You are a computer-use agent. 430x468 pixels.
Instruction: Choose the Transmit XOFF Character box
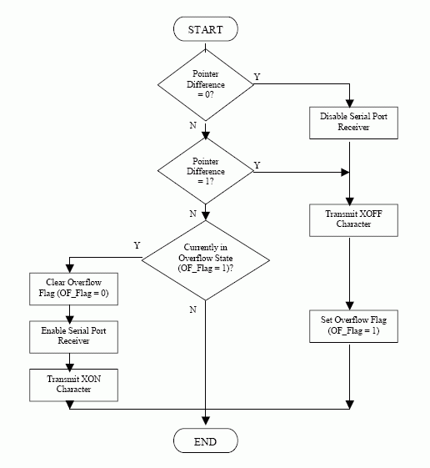pyautogui.click(x=349, y=219)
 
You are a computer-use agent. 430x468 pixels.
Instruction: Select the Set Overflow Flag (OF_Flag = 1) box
pyautogui.click(x=349, y=326)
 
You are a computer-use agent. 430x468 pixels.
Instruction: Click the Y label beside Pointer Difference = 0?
pyautogui.click(x=257, y=77)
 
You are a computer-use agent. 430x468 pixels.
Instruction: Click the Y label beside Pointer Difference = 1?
pyautogui.click(x=257, y=165)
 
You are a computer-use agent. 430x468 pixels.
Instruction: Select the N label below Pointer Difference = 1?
pyautogui.click(x=192, y=214)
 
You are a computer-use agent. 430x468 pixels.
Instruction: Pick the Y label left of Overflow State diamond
pyautogui.click(x=137, y=245)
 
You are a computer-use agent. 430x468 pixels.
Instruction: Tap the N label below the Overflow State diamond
pyautogui.click(x=192, y=309)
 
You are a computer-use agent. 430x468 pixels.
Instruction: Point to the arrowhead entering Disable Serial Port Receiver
pyautogui.click(x=349, y=104)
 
